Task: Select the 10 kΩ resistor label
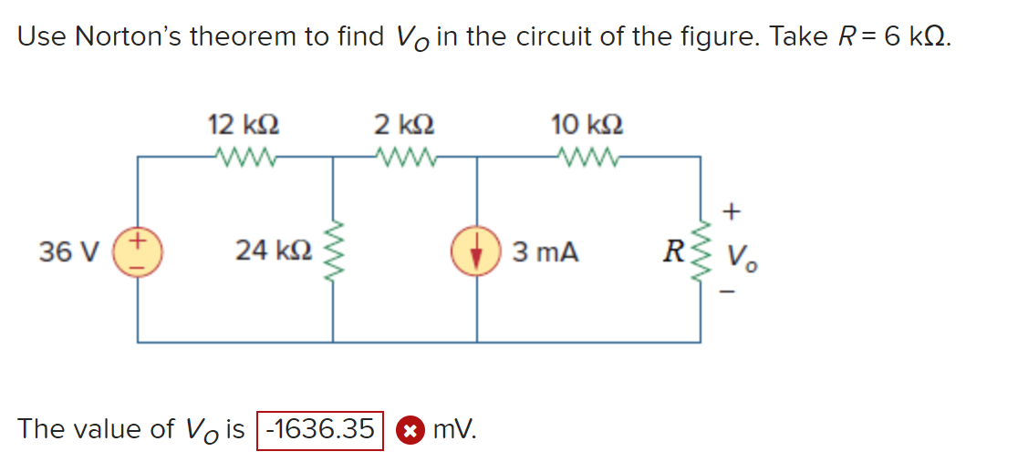coord(587,123)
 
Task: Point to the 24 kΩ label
coord(274,250)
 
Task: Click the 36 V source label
coord(63,251)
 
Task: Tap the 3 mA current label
coord(545,251)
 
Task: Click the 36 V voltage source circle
coord(139,250)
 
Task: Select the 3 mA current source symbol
coord(477,251)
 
